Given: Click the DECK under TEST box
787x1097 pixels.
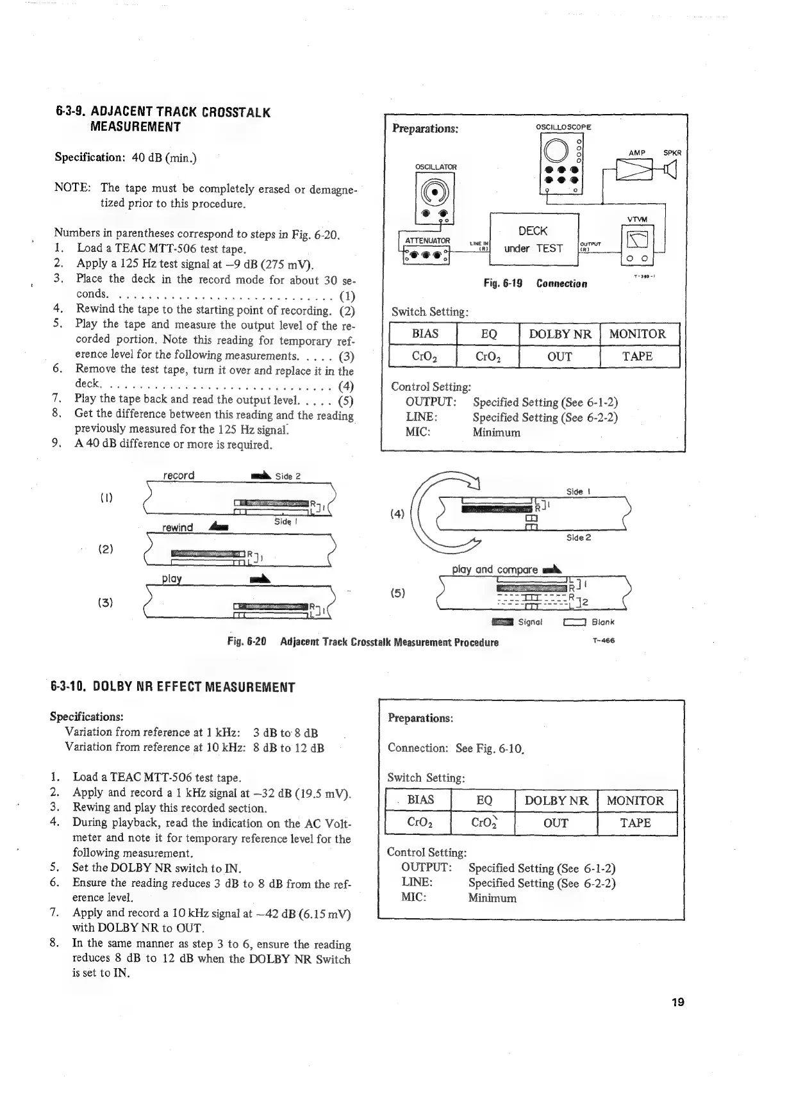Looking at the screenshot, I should (x=533, y=240).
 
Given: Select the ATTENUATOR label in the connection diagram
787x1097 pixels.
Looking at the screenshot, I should (x=427, y=240).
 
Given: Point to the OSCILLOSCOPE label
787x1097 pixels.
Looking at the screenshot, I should (x=563, y=127).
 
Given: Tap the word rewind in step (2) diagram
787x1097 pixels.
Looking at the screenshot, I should (x=178, y=527).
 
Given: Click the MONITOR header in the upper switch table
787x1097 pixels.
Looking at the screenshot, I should (x=637, y=334).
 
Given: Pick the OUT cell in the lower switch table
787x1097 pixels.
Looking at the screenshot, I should (x=556, y=823).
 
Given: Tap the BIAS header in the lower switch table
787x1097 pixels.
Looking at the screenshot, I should (x=420, y=800).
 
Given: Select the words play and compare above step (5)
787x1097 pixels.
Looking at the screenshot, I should (x=494, y=569).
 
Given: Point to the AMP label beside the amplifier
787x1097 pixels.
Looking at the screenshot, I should (x=636, y=153).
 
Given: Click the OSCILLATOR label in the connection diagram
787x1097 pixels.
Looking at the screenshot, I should (x=436, y=167).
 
